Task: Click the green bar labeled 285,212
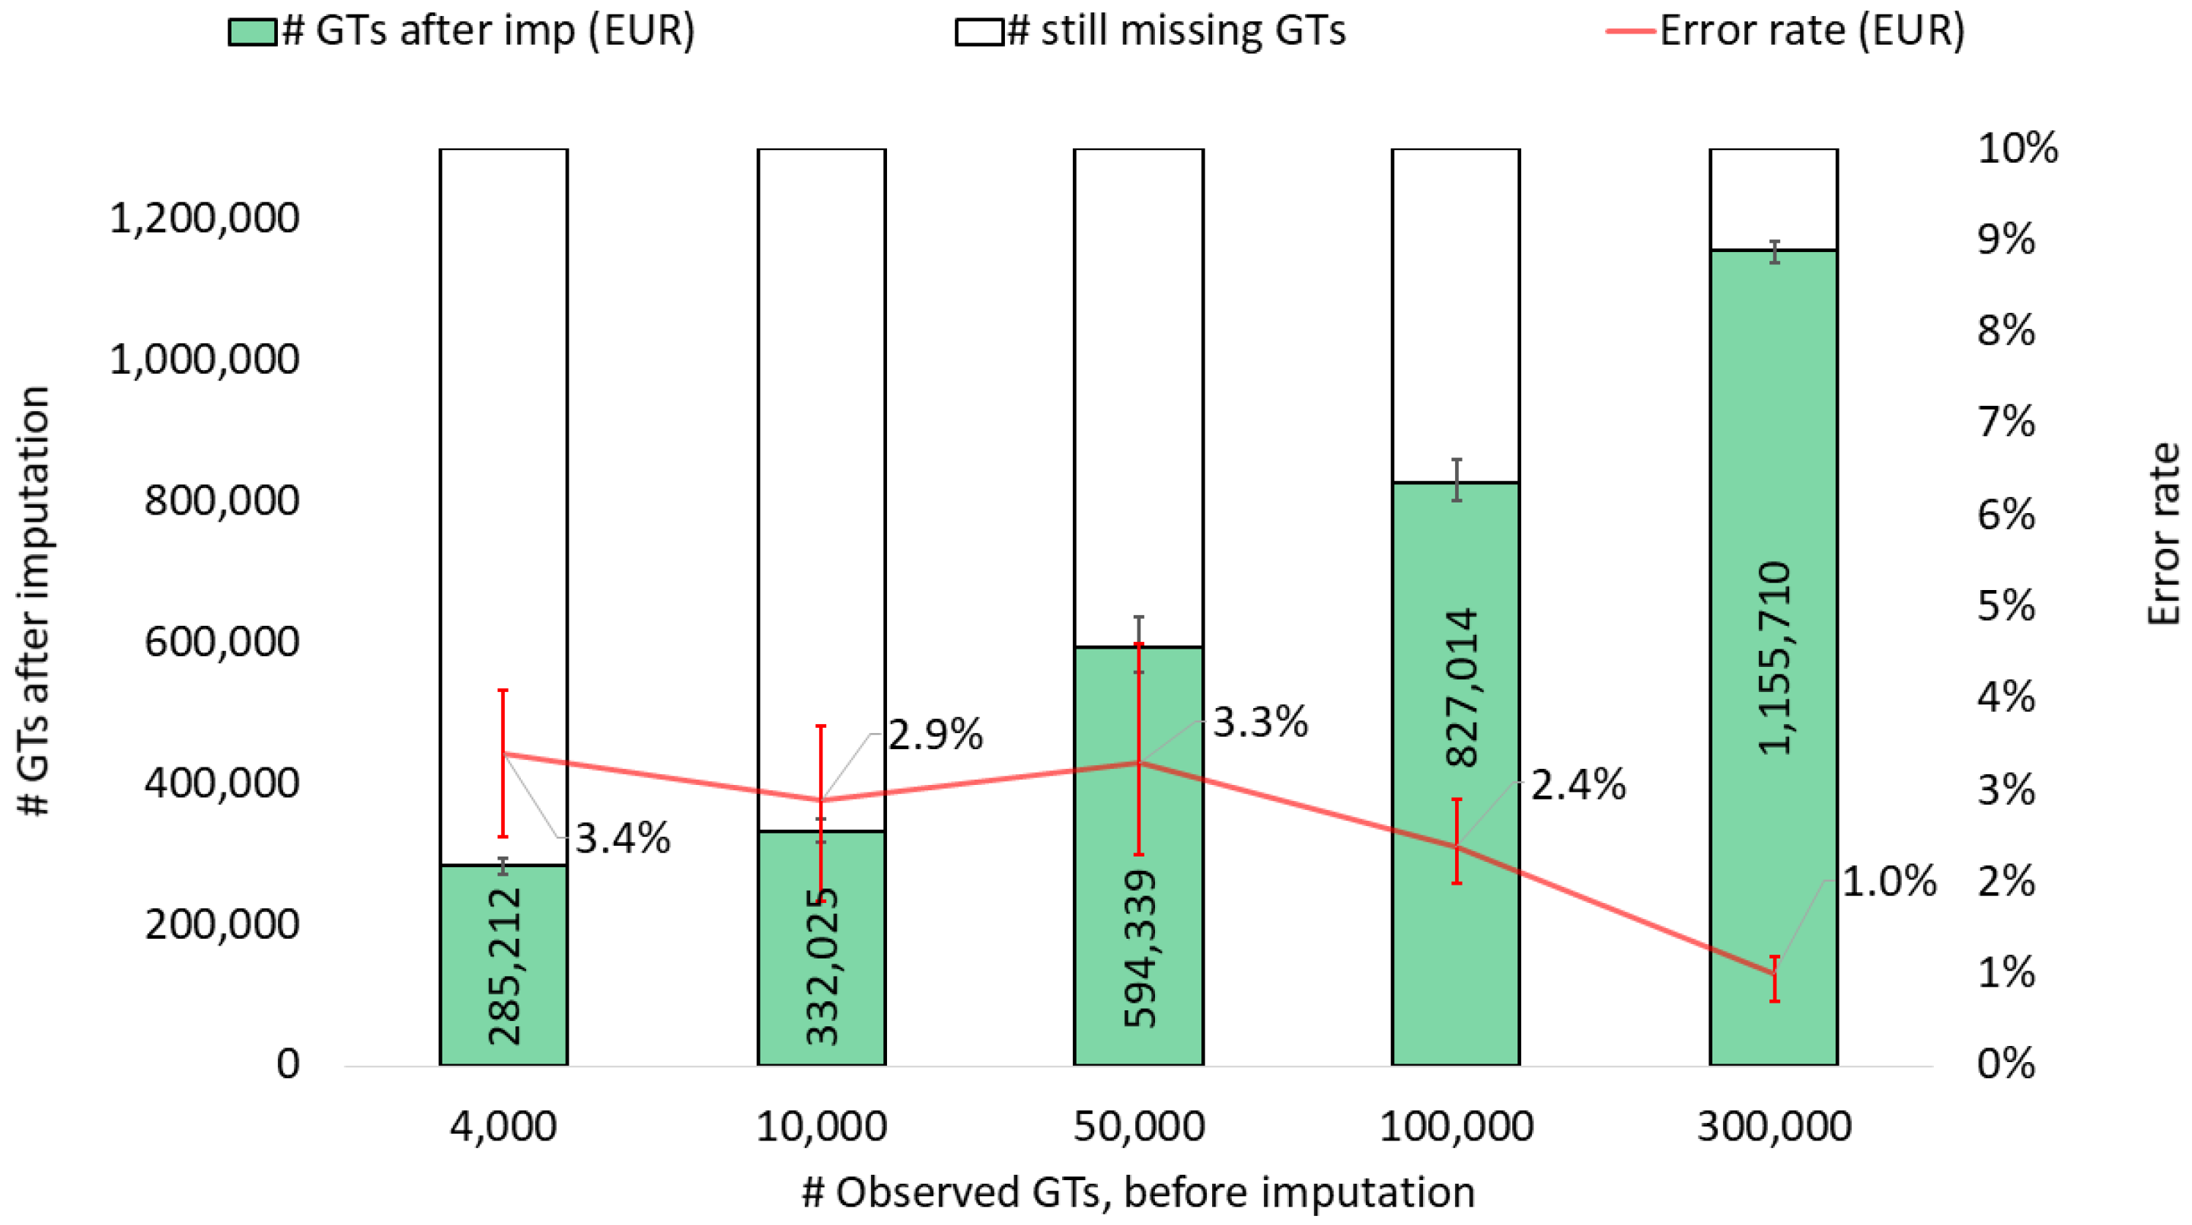pyautogui.click(x=503, y=965)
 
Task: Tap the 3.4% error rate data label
pyautogui.click(x=623, y=839)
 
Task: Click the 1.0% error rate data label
pyautogui.click(x=1888, y=882)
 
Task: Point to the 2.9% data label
pyautogui.click(x=935, y=734)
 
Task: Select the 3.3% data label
pyautogui.click(x=1259, y=723)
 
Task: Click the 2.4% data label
pyautogui.click(x=1578, y=784)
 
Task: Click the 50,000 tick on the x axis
pyautogui.click(x=1138, y=1126)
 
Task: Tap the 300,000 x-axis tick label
pyautogui.click(x=1773, y=1126)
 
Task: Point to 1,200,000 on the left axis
pyautogui.click(x=204, y=219)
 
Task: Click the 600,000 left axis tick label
pyautogui.click(x=222, y=641)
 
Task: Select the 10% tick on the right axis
pyautogui.click(x=2017, y=149)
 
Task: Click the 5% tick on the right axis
pyautogui.click(x=2005, y=606)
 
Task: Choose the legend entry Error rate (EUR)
pyautogui.click(x=1811, y=31)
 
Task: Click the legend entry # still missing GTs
pyautogui.click(x=1175, y=31)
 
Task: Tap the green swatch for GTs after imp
pyautogui.click(x=252, y=32)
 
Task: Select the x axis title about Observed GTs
pyautogui.click(x=1137, y=1192)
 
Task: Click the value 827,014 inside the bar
pyautogui.click(x=1461, y=687)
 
